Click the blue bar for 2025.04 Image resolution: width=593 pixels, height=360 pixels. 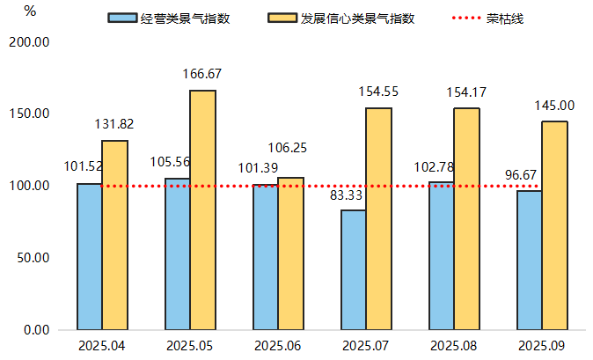coord(89,256)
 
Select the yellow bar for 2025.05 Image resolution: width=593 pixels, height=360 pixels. coord(202,209)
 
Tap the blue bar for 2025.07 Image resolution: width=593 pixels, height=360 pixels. coord(353,269)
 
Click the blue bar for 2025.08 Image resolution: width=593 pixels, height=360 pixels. coord(441,255)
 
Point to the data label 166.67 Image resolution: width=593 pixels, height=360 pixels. coord(202,74)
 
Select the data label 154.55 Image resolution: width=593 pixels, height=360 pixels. coord(378,92)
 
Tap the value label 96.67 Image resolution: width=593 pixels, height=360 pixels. coord(520,174)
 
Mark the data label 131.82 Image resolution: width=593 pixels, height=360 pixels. coord(114,124)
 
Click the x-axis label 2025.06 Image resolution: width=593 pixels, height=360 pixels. coord(278,346)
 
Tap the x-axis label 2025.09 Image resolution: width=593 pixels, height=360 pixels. coord(542,346)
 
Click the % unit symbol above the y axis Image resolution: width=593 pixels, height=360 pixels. coord(31,11)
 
